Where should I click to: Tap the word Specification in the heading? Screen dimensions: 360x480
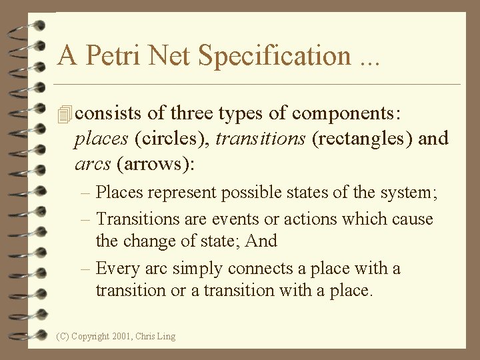point(273,55)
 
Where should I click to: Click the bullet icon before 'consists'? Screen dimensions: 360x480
point(65,115)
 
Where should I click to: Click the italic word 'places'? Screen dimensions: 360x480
point(102,139)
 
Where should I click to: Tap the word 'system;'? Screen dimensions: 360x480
point(411,193)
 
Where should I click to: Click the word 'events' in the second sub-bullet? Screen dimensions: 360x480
point(238,219)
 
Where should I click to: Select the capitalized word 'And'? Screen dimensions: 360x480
point(261,241)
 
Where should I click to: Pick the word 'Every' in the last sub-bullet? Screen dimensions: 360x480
point(118,269)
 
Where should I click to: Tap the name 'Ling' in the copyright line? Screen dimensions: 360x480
point(165,337)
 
